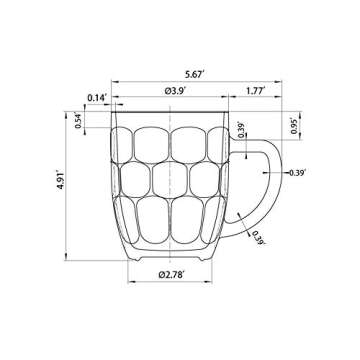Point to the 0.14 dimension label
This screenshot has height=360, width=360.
point(97,96)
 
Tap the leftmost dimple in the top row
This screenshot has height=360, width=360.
point(128,144)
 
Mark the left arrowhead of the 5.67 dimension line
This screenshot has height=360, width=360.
point(114,80)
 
